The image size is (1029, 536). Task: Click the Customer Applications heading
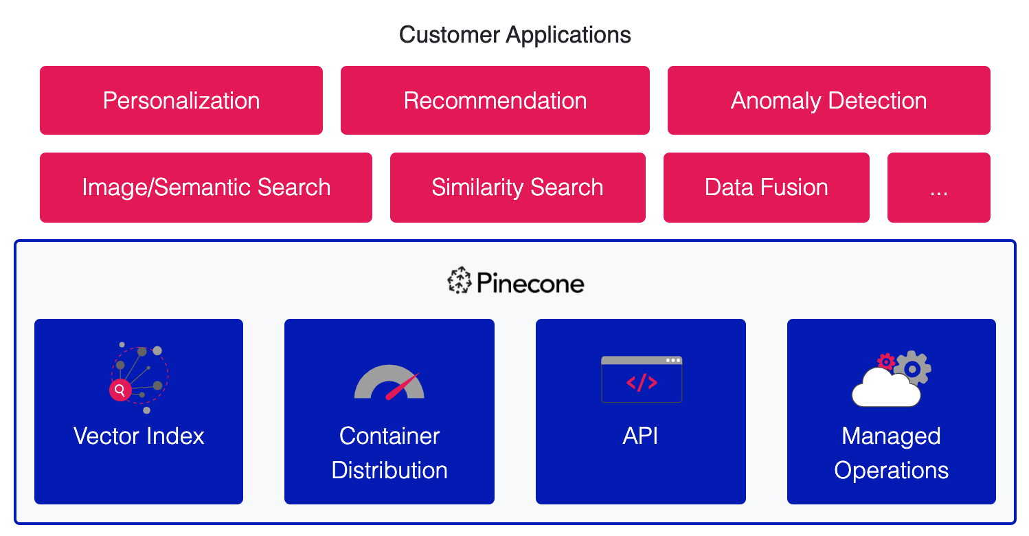[x=514, y=34]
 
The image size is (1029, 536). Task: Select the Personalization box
[x=181, y=100]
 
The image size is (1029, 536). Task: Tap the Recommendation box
[x=495, y=100]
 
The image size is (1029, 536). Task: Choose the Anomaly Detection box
[x=828, y=100]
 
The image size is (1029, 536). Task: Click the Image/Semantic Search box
[x=206, y=187]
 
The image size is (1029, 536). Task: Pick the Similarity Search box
[x=517, y=187]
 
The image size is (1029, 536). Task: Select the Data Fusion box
[x=766, y=187]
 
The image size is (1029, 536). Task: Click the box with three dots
[x=938, y=187]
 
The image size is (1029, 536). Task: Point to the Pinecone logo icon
[x=459, y=282]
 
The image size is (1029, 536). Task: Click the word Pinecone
[x=530, y=283]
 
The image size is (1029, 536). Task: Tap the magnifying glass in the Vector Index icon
[x=120, y=390]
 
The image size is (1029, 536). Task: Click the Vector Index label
[x=139, y=436]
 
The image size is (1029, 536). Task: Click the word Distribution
[x=389, y=470]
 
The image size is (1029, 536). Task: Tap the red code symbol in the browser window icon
[x=642, y=383]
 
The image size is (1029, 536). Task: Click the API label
[x=640, y=436]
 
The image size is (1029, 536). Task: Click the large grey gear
[x=912, y=368]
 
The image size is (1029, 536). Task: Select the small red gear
[x=886, y=361]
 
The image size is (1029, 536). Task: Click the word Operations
[x=891, y=470]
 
